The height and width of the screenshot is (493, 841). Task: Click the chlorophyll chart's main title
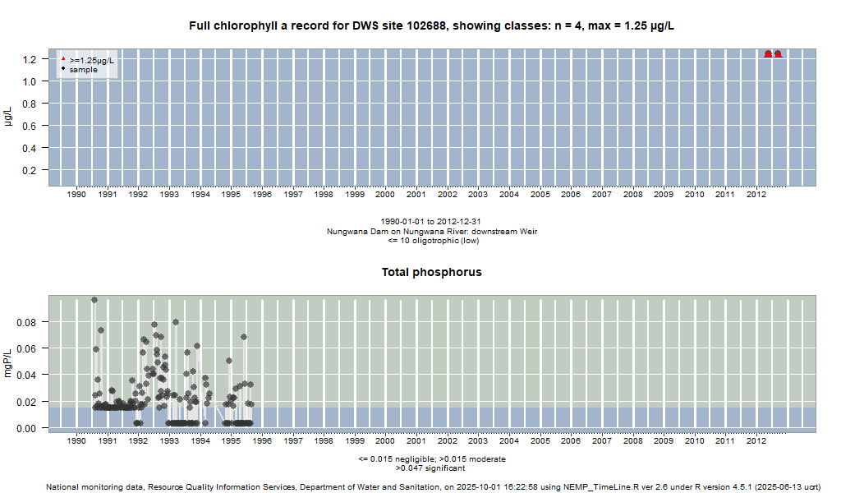click(x=432, y=26)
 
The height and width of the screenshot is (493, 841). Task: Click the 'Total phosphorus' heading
click(x=432, y=272)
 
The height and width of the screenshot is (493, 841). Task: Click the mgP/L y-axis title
click(x=9, y=362)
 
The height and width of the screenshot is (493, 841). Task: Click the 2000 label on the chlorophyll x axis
click(x=385, y=195)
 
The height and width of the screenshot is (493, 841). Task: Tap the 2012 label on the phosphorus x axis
click(x=756, y=441)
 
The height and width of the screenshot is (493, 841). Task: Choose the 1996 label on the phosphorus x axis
click(x=262, y=441)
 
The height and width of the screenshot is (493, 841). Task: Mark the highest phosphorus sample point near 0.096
click(x=94, y=300)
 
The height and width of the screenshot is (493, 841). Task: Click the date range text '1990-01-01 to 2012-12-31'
click(x=432, y=222)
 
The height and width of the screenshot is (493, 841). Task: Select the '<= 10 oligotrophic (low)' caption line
click(x=432, y=240)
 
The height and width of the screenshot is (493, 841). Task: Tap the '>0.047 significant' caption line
click(x=432, y=468)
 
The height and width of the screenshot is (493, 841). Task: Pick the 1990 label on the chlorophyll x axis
click(x=76, y=195)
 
